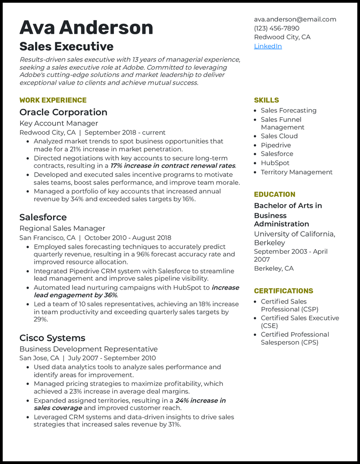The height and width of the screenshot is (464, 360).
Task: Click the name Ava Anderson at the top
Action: [x=86, y=27]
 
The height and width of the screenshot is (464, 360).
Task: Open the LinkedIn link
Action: [x=268, y=46]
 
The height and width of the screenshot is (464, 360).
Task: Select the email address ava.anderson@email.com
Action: [x=295, y=19]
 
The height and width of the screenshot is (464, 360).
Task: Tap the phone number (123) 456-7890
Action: [x=276, y=28]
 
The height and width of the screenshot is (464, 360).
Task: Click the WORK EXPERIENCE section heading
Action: [x=53, y=100]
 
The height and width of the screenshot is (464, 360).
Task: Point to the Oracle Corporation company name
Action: [x=63, y=112]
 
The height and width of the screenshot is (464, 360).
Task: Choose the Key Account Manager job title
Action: [x=58, y=123]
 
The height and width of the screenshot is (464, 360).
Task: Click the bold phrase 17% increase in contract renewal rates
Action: [x=173, y=166]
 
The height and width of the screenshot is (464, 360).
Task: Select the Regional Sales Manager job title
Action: [x=62, y=228]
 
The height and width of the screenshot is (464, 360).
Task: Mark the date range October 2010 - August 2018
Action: [x=128, y=238]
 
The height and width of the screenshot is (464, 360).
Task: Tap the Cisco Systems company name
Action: [x=52, y=338]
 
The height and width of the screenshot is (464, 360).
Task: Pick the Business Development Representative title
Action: [x=88, y=349]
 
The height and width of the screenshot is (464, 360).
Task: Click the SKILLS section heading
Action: [x=266, y=100]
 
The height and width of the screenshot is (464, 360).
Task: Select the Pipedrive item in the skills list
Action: [x=276, y=145]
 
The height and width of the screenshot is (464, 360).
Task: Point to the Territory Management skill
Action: [x=297, y=172]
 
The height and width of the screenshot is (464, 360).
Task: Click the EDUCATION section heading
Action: [x=274, y=195]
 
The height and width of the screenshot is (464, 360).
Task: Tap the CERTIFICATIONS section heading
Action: [x=283, y=291]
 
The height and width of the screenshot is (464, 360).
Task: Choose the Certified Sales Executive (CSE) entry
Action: [x=300, y=322]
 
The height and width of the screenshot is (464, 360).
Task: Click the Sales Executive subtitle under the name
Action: [x=66, y=46]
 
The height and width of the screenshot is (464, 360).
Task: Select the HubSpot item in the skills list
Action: [x=275, y=163]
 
